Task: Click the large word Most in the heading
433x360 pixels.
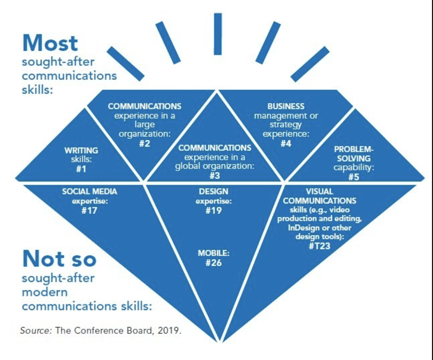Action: tap(50, 43)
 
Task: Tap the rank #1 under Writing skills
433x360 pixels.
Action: tap(81, 169)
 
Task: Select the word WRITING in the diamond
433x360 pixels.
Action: tap(81, 151)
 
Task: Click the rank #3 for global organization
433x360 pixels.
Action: tap(214, 175)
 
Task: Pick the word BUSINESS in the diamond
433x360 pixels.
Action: tap(286, 107)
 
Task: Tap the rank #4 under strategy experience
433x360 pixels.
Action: tap(286, 143)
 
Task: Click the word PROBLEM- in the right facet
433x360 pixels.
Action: tap(354, 149)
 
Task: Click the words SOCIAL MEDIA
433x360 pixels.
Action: tap(89, 192)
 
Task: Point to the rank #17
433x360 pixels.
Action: tap(89, 210)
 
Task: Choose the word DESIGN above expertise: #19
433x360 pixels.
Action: tap(214, 192)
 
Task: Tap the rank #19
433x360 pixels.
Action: tap(214, 210)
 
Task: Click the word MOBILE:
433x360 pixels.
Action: tap(214, 253)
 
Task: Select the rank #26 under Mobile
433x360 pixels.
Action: tap(214, 263)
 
